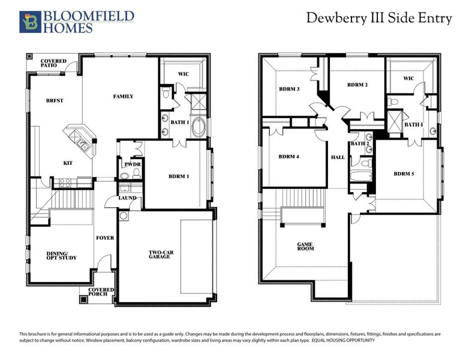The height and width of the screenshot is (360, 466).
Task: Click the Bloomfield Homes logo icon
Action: point(28,22)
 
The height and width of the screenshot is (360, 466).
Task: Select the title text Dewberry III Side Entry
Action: point(379,18)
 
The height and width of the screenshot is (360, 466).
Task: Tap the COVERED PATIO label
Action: point(53,64)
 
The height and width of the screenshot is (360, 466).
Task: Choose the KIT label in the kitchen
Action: point(68,163)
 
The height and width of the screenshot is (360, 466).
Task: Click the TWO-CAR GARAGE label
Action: point(161,256)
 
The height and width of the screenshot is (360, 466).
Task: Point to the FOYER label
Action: point(105,238)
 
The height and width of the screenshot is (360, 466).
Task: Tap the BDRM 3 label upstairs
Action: point(289,89)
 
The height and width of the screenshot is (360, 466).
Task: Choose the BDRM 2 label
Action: point(357,85)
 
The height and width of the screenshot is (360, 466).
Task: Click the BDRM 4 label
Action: point(288,157)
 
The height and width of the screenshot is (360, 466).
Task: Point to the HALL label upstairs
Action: point(338,157)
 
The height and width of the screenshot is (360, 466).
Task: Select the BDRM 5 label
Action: point(404,174)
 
